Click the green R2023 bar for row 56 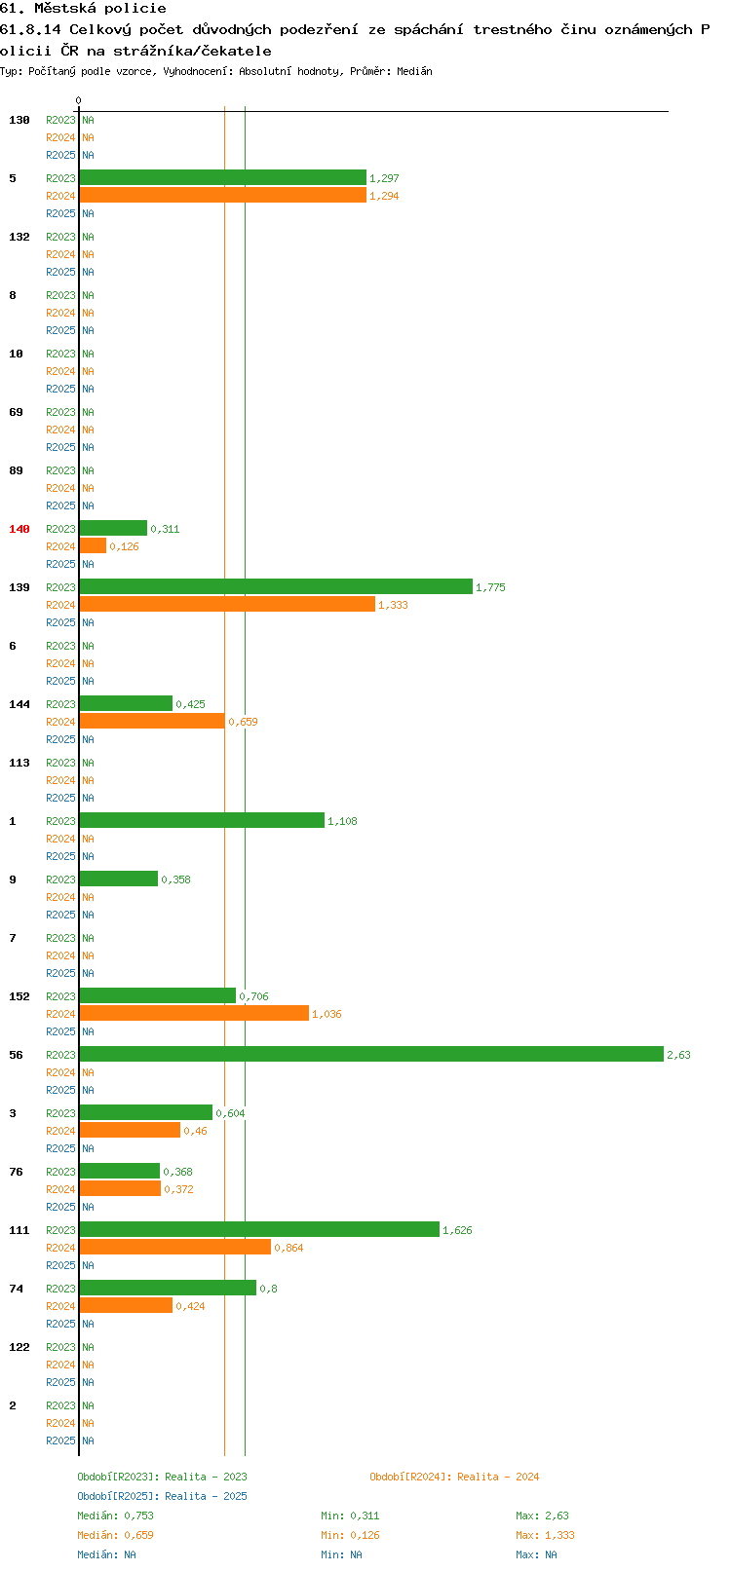coord(371,1054)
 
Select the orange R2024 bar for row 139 coord(227,604)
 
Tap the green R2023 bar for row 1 coord(202,820)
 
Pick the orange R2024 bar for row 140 coord(93,546)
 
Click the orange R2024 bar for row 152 coord(195,1013)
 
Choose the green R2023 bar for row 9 coord(119,879)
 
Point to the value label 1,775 coord(490,587)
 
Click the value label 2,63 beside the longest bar coord(678,1055)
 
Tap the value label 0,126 coord(124,546)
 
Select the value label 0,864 coord(289,1248)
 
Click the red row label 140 coord(19,529)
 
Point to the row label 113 coord(19,763)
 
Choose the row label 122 coord(19,1347)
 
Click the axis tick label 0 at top coord(78,100)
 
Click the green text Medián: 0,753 coord(115,1516)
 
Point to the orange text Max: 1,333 coord(545,1536)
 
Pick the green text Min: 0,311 coord(350,1516)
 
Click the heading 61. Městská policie coord(83,9)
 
